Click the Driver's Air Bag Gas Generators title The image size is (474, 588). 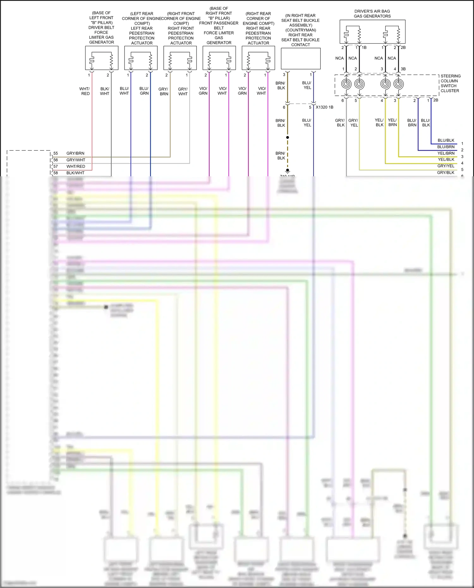(x=372, y=14)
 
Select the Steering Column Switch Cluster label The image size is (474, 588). (x=450, y=83)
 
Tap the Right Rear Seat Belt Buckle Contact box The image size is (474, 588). (x=301, y=58)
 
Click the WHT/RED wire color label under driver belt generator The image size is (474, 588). (x=85, y=91)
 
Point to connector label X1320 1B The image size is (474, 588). (x=324, y=107)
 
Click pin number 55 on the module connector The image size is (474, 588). (x=56, y=153)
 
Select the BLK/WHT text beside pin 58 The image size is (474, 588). (x=75, y=173)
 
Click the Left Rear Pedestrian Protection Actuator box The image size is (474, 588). (x=141, y=58)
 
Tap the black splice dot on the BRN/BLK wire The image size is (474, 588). (x=288, y=137)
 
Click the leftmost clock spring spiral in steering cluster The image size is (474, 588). (x=346, y=84)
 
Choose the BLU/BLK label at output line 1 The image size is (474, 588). (x=446, y=140)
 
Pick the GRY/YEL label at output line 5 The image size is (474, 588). (x=446, y=166)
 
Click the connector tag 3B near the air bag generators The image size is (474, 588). (x=403, y=69)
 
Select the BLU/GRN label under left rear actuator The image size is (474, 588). (x=144, y=91)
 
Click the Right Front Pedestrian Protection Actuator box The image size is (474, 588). (x=180, y=58)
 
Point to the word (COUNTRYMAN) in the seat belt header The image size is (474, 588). (x=301, y=30)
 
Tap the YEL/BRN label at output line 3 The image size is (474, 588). (x=446, y=153)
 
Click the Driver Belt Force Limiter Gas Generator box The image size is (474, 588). (x=102, y=58)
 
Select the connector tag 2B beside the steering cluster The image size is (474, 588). (x=435, y=100)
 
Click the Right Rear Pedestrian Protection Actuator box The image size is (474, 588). (x=258, y=58)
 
